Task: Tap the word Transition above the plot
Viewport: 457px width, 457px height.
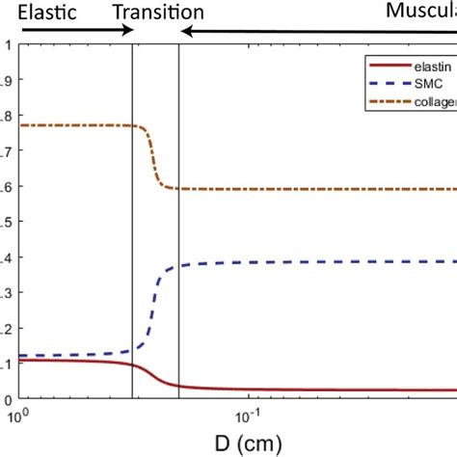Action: point(157,13)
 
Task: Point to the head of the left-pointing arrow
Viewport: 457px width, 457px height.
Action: point(186,32)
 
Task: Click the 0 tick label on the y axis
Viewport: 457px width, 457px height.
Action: point(8,399)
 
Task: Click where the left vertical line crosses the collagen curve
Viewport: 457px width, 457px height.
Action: point(132,126)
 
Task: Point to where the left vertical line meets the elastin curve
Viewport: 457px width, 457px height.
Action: point(132,364)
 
